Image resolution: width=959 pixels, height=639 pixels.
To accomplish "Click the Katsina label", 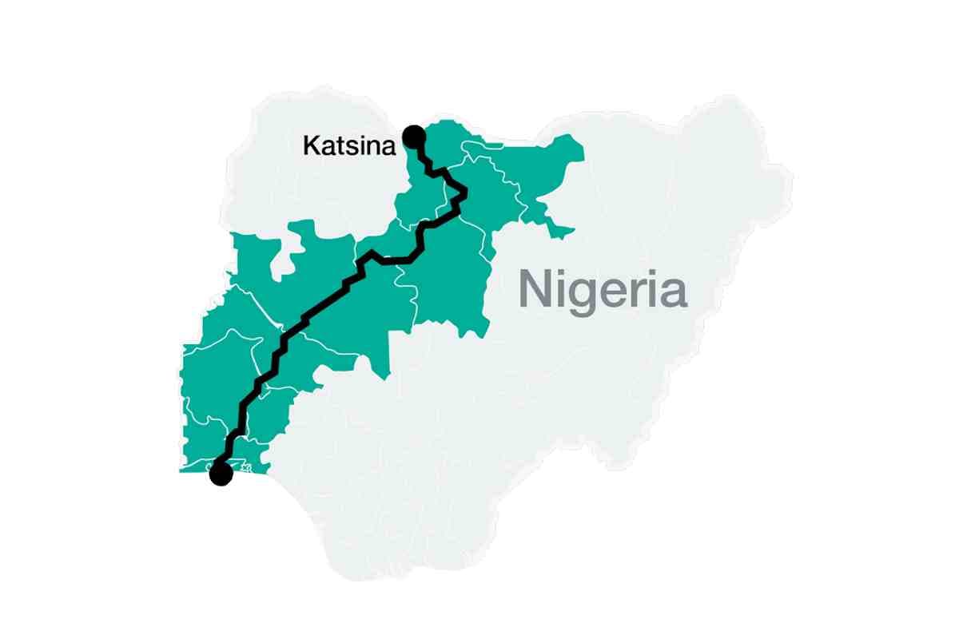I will pos(349,145).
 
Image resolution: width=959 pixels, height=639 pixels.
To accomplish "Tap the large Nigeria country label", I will pos(603,289).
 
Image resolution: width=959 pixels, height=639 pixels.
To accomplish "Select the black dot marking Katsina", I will pos(414,136).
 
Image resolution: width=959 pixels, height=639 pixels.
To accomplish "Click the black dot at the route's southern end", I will pos(220,474).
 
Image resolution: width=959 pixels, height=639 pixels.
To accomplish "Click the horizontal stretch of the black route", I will pos(395,260).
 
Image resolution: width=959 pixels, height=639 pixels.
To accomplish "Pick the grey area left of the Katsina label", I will pos(264,160).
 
